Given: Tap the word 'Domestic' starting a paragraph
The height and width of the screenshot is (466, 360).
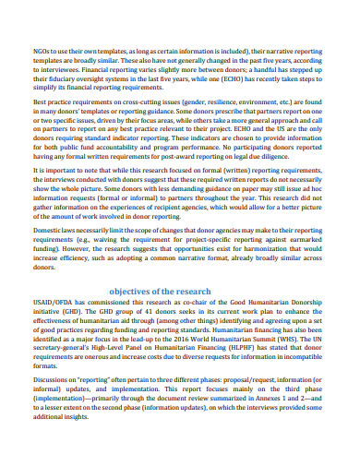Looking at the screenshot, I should coord(50,227).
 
